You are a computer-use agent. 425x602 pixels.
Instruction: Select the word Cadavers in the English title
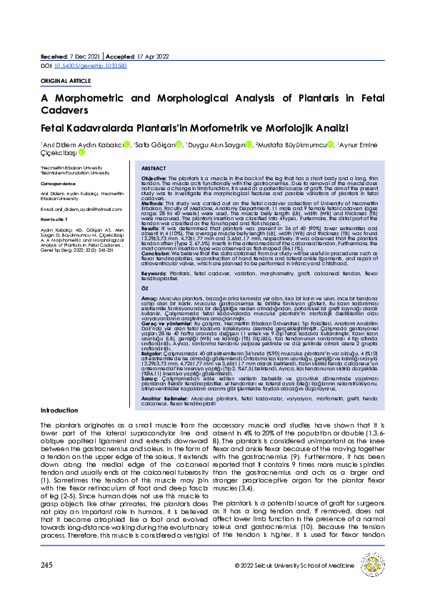tap(65, 111)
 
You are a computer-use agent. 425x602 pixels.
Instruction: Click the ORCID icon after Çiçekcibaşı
tap(81, 152)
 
